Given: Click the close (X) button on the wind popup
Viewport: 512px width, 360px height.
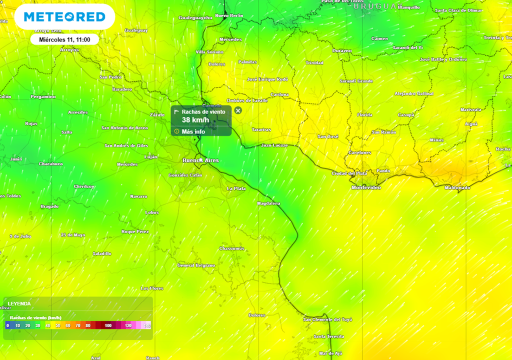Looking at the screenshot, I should [238, 110].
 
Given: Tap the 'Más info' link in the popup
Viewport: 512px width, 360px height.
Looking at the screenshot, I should [193, 131].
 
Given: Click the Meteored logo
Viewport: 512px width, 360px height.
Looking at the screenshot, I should [65, 17].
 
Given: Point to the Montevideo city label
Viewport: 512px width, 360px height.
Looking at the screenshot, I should [366, 187].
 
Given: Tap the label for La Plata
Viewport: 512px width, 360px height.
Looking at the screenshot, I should [236, 188].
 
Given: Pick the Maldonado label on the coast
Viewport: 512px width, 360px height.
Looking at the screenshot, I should [457, 187].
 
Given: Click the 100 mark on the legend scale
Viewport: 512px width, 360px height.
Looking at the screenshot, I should [108, 325].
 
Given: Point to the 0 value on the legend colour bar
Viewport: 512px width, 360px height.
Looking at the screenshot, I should [8, 325].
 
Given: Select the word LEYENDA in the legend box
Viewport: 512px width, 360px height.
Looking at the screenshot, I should [19, 303].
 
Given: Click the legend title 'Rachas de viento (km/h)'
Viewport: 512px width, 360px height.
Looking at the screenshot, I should [35, 317].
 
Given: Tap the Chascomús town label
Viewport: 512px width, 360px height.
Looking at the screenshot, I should [231, 248].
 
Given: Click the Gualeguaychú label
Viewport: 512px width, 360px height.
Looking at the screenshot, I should [195, 17].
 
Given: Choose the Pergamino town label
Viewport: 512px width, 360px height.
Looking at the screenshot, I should [43, 96].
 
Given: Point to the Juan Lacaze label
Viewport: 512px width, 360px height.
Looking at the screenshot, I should [274, 145].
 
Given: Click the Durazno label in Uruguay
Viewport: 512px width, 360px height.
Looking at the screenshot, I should [342, 50].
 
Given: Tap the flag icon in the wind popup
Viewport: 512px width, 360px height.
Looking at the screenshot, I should [176, 112].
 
